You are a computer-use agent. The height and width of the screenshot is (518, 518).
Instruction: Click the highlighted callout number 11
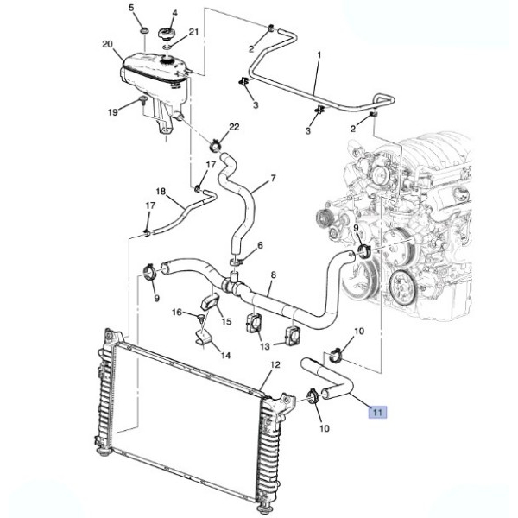point(377,412)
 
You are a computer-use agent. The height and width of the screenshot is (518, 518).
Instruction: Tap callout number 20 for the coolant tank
point(107,44)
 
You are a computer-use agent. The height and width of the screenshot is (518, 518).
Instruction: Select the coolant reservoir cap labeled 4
point(167,34)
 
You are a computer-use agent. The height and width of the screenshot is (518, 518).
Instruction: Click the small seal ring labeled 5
point(144,31)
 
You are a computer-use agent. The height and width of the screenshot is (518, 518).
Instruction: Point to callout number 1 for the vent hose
point(319,55)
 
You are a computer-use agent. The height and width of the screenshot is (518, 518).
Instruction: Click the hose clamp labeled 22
point(216,146)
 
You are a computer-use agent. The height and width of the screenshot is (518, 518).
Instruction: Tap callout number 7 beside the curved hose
point(273,179)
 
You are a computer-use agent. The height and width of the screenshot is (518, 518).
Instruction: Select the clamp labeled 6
point(236,262)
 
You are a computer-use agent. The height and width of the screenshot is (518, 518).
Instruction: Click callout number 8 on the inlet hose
point(273,275)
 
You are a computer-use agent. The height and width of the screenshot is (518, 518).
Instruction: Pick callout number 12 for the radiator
point(275,364)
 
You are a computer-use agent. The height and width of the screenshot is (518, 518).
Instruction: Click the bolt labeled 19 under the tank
point(143,100)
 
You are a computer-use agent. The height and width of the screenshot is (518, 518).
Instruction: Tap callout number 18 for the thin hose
point(161,192)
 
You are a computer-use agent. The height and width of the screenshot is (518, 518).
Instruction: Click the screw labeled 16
point(201,318)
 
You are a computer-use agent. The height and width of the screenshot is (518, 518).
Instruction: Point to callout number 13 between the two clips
point(265,346)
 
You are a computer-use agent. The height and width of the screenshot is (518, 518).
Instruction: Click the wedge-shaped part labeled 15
point(209,301)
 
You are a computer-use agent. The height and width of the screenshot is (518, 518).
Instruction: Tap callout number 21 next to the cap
point(193,32)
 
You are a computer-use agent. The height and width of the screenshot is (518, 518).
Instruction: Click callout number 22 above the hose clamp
point(234,127)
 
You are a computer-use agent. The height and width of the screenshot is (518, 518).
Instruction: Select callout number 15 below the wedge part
point(226,321)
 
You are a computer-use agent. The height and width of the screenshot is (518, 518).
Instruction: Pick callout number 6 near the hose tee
point(260,245)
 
